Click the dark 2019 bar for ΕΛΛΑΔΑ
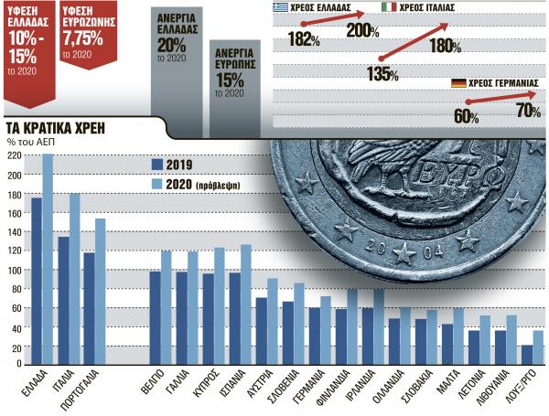[x=37, y=274]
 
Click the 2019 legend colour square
[x=156, y=165]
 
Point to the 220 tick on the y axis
[x=14, y=155]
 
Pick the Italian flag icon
[x=389, y=7]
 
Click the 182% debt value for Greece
[x=302, y=40]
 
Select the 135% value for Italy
[x=382, y=73]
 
